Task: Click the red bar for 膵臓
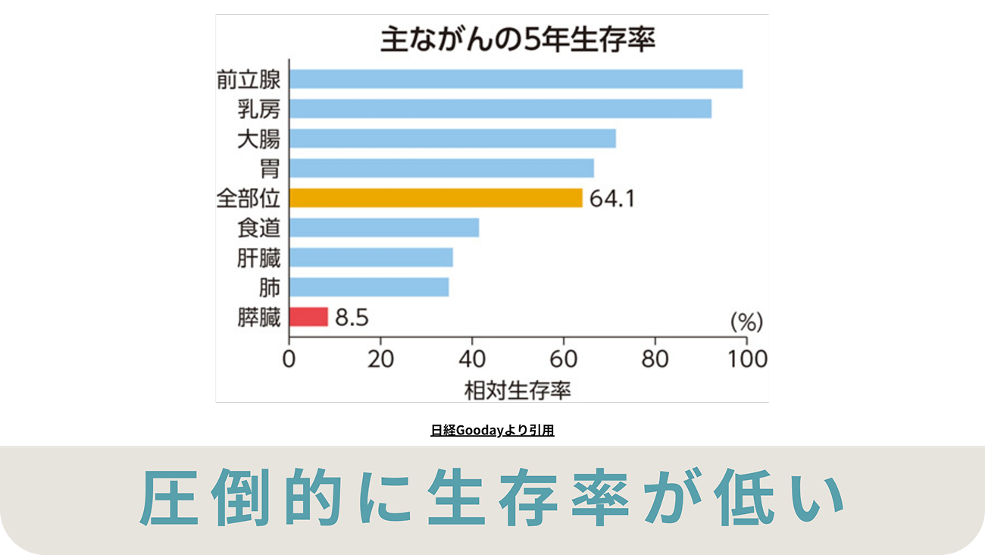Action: [308, 316]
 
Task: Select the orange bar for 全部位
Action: [436, 198]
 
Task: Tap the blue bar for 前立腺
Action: [515, 79]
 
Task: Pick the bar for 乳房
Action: [500, 108]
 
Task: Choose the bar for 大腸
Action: [452, 139]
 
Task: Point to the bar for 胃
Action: [442, 168]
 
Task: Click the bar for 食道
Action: [384, 227]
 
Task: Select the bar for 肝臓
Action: [371, 258]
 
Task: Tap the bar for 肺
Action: [369, 287]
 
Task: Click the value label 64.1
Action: [611, 199]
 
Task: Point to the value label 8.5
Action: [352, 318]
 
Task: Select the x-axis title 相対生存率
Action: [517, 390]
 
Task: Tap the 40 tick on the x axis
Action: [472, 360]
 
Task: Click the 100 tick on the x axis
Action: [745, 360]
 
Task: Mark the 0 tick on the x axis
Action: [289, 360]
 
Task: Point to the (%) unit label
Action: [746, 321]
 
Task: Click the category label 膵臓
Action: [258, 318]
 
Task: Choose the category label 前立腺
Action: [248, 79]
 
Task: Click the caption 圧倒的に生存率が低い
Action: [492, 500]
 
